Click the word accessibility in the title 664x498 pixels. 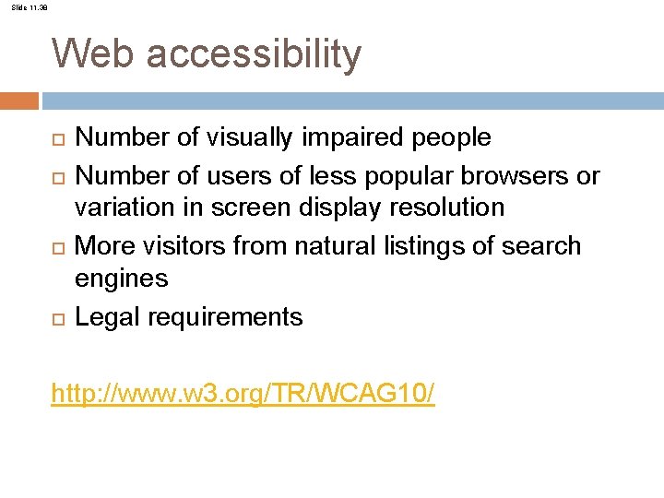(254, 55)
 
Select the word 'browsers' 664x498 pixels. (516, 175)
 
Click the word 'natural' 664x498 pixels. (328, 246)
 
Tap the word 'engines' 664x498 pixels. (121, 279)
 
